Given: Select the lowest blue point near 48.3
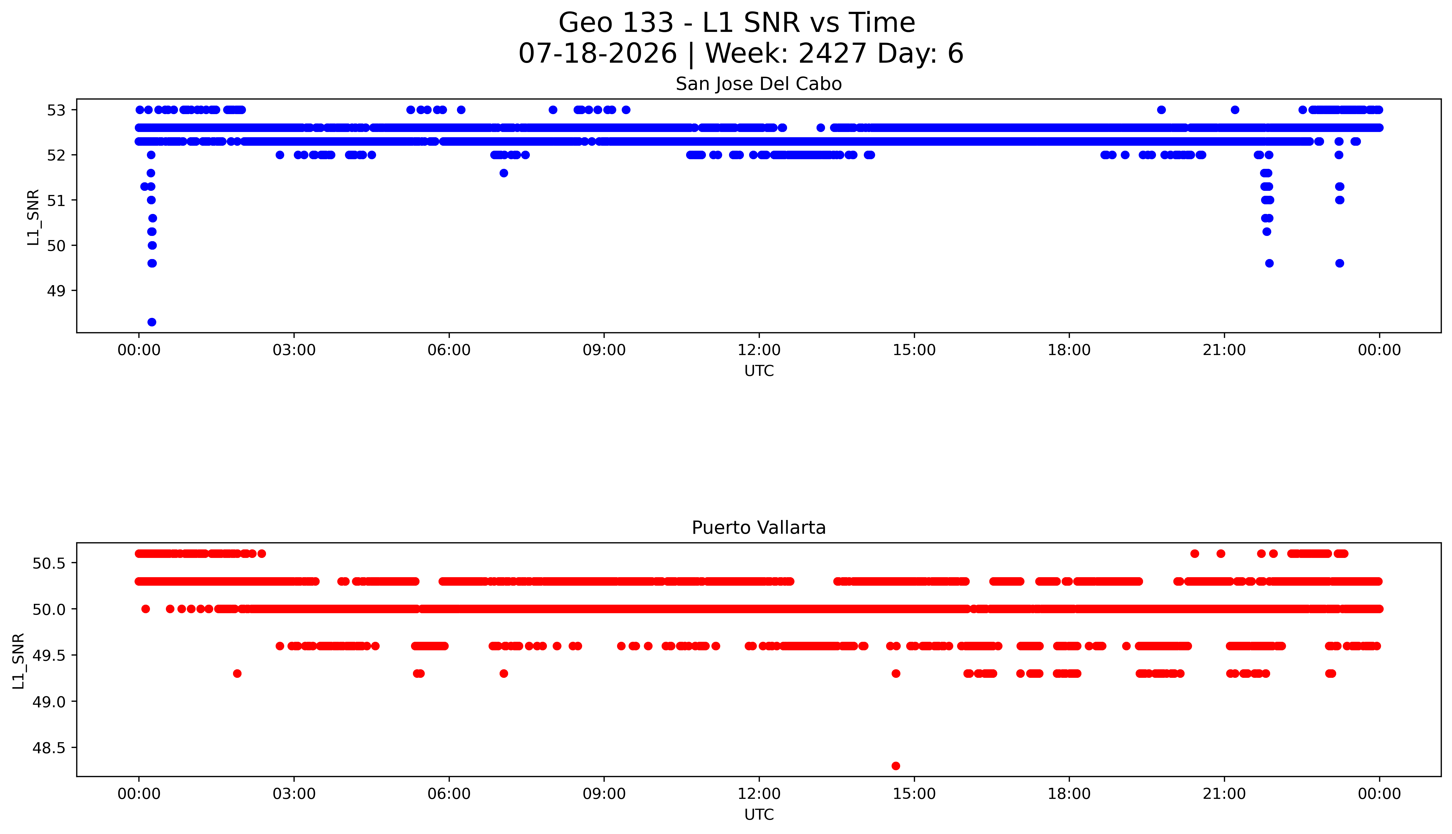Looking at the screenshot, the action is pyautogui.click(x=152, y=322).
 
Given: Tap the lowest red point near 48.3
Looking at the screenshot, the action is pyautogui.click(x=896, y=766).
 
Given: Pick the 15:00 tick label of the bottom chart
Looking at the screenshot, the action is pyautogui.click(x=914, y=794).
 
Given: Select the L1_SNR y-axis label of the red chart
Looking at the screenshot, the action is pyautogui.click(x=18, y=661).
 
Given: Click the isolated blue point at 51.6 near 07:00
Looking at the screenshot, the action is pyautogui.click(x=504, y=173).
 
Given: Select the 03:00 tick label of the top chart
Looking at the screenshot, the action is pyautogui.click(x=294, y=350).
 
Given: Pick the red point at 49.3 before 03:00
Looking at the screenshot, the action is pyautogui.click(x=237, y=674).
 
